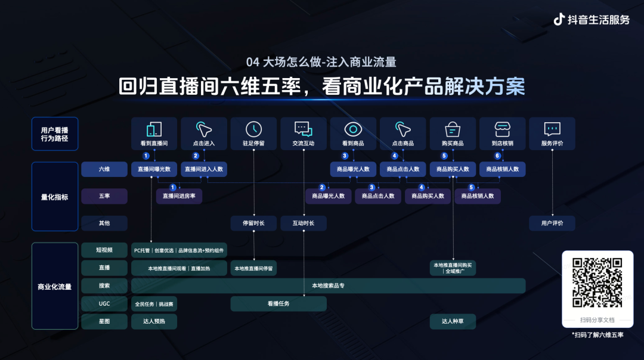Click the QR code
pos(597,282)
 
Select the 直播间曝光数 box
pos(154,169)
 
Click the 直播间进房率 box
pos(179,196)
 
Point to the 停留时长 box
pos(253,224)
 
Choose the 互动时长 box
pos(304,224)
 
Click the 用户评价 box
pos(552,224)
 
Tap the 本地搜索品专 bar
pos(328,286)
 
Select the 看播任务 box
pos(278,304)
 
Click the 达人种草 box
pos(453,322)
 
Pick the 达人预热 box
pos(154,322)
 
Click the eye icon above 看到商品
pos(353,129)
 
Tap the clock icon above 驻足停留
pos(253,129)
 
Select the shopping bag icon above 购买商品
pos(453,129)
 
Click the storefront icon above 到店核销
pos(502,129)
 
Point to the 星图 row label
pos(104,322)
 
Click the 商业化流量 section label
pos(55,287)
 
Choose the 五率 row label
pos(104,196)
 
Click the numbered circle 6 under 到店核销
pos(497,156)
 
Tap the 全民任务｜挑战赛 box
pos(154,304)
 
